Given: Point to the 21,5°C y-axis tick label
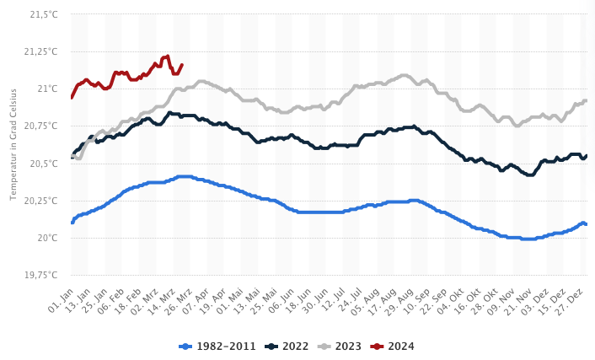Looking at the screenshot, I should pos(43,14).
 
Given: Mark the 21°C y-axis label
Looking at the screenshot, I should pos(47,89).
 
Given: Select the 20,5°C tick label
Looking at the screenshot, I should pos(43,163).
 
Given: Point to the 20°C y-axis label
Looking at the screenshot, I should pos(47,238).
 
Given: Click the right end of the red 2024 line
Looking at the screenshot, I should pos(181,65).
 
